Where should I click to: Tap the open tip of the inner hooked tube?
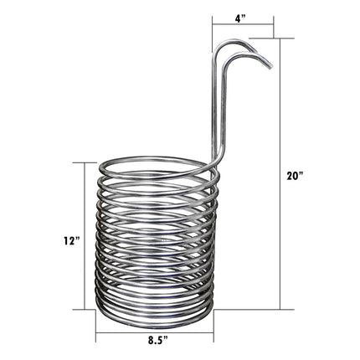point(249,48)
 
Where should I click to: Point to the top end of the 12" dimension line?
point(85,162)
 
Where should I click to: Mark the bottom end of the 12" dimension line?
point(85,310)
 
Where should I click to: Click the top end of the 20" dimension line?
point(279,39)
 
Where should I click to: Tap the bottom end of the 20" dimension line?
point(279,310)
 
